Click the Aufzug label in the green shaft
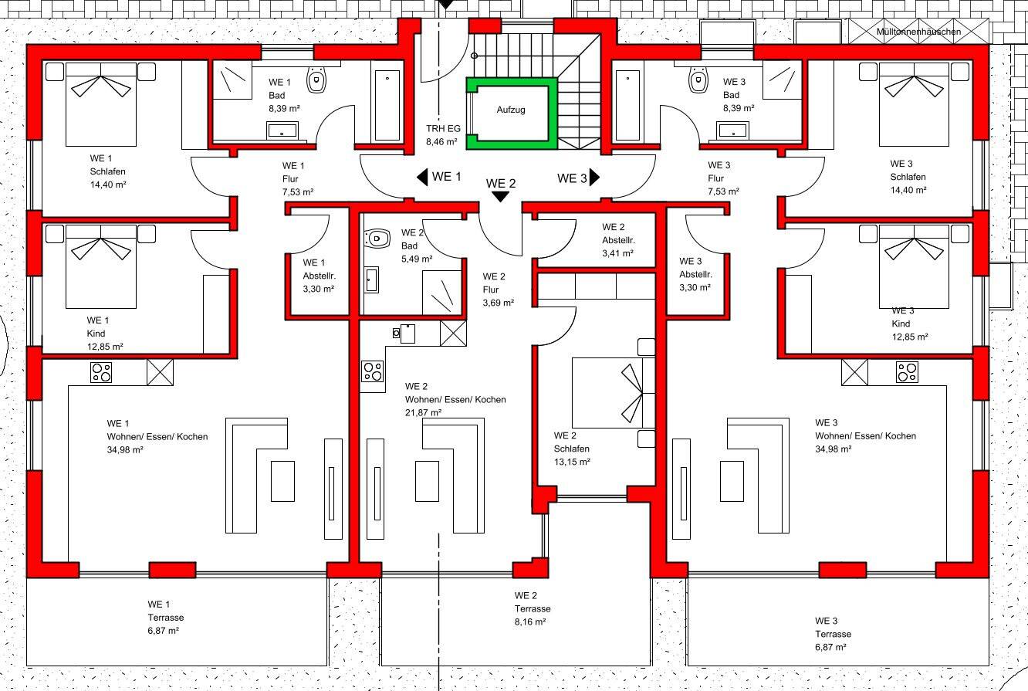511,110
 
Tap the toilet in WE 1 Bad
316,80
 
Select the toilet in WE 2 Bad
377,239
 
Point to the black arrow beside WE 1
422,178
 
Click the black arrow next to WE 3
594,178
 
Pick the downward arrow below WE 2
500,197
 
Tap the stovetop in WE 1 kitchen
101,372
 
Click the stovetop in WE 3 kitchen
907,372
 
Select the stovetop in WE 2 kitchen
372,371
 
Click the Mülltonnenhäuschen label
918,32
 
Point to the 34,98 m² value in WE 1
125,450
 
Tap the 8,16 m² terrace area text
530,622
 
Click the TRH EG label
443,129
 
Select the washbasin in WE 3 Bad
733,130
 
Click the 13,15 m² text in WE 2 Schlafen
572,462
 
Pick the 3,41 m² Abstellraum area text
617,253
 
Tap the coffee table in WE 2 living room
427,481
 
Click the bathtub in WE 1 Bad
387,105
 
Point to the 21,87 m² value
423,413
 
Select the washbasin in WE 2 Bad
372,280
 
